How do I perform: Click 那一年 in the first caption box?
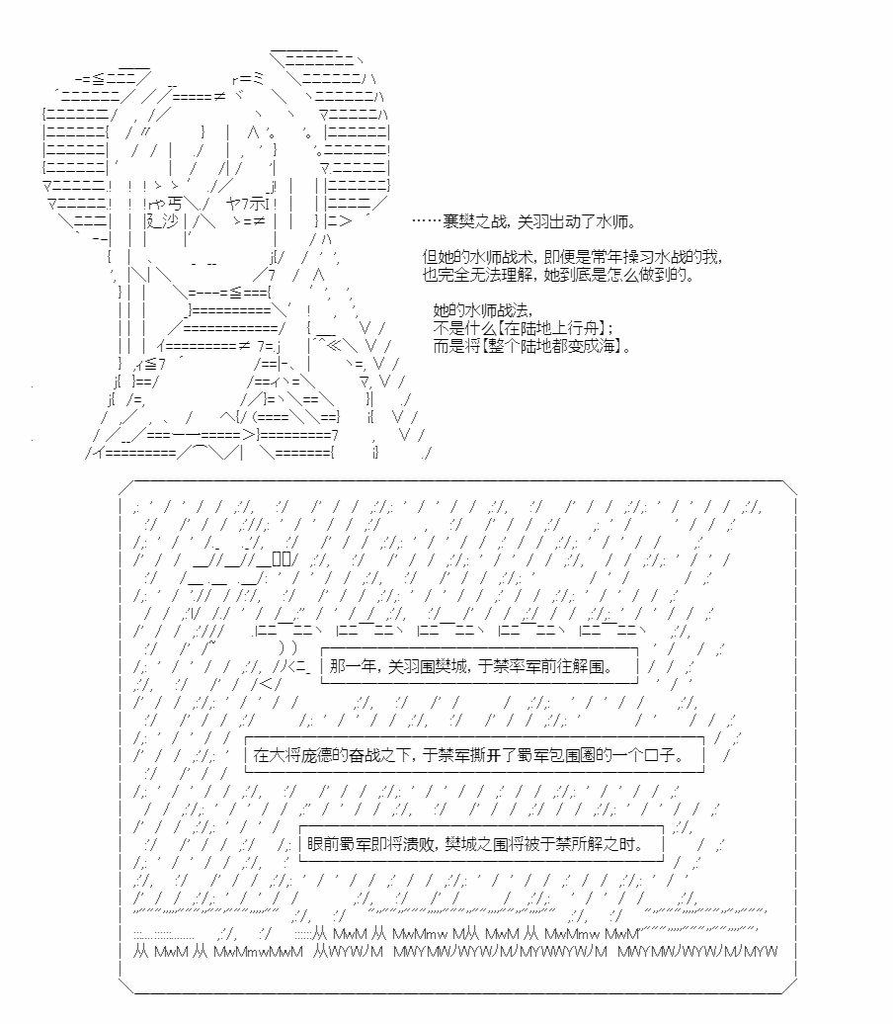(x=354, y=666)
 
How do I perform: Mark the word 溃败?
(x=417, y=844)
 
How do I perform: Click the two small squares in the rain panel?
(x=282, y=559)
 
